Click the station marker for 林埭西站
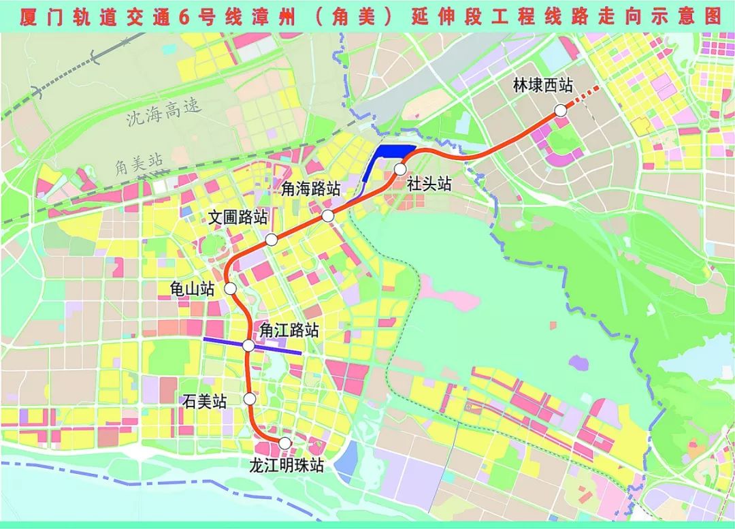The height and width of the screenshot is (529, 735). pos(560,110)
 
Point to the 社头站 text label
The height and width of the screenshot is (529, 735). pos(429,184)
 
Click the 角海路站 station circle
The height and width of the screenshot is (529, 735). pos(328,216)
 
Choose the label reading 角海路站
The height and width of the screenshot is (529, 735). pos(311,190)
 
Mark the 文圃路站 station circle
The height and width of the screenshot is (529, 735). pos(272,239)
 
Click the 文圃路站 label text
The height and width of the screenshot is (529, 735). pos(238,218)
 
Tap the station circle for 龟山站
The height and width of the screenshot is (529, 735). pos(231,289)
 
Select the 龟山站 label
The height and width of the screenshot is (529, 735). pos(191,289)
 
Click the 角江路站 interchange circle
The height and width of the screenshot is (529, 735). pos(248,346)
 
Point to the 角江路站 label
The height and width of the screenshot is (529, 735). pos(289,330)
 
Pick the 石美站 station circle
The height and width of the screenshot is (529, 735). pos(250,399)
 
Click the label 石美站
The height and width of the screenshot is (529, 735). pos(203,402)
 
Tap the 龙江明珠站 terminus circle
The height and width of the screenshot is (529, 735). pos(285,443)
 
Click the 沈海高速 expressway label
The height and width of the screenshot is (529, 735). pos(164,112)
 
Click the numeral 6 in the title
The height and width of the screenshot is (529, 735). pos(182,18)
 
